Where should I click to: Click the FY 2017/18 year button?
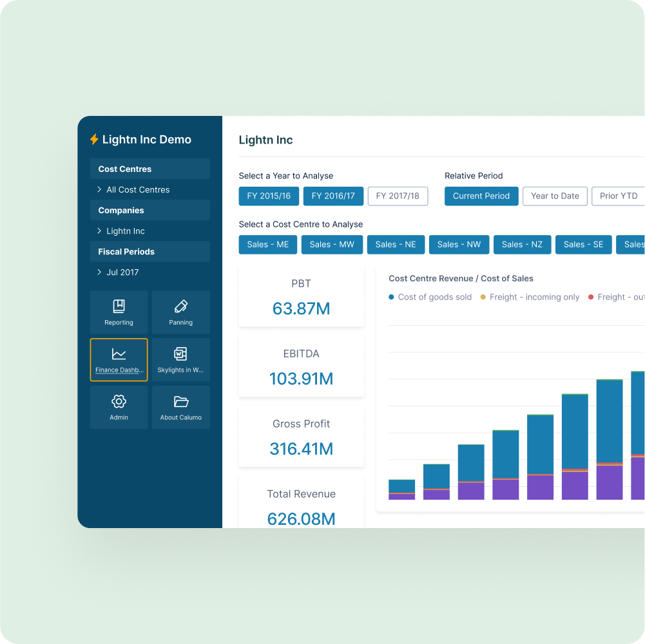point(398,196)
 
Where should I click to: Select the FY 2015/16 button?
point(269,196)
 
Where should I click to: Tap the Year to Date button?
point(555,196)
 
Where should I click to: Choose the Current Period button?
point(481,196)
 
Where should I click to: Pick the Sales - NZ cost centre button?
point(522,245)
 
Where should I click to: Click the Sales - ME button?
point(268,245)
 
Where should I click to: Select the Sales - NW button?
point(459,245)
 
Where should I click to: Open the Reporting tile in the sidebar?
point(119,312)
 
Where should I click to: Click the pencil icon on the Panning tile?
point(181,306)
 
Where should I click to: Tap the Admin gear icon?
point(119,402)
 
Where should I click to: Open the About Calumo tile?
point(181,407)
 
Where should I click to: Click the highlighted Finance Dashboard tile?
point(119,359)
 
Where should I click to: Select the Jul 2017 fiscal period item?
point(122,272)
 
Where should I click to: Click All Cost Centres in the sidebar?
point(138,190)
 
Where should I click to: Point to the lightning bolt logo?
point(94,140)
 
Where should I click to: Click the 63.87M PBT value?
point(301,308)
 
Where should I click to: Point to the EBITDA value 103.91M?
point(301,379)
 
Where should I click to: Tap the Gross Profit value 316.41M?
point(301,449)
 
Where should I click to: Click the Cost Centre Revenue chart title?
point(461,279)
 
